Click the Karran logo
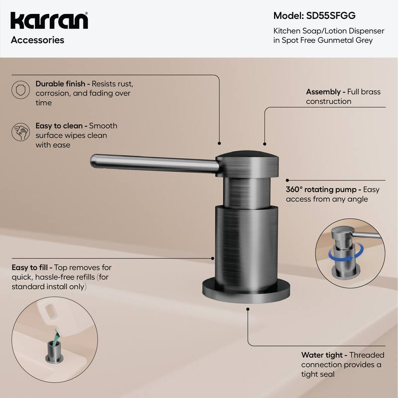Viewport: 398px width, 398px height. pos(49,21)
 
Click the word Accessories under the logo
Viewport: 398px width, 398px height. pos(37,40)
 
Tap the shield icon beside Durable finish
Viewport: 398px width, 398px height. pos(19,90)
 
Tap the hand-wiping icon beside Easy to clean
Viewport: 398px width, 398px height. pos(19,132)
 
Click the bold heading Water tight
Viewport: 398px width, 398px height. pos(322,355)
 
